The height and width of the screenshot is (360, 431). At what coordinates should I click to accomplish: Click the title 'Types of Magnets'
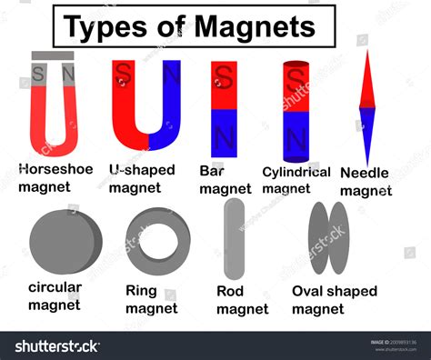(x=194, y=26)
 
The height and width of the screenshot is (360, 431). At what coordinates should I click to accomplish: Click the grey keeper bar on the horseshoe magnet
(x=54, y=55)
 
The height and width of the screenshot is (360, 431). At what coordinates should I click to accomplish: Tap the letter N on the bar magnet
(x=224, y=137)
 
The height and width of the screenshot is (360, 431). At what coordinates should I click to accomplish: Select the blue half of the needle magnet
(x=366, y=132)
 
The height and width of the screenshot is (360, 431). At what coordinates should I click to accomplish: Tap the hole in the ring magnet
(x=158, y=239)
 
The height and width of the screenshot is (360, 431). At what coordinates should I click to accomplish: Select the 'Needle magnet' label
(x=366, y=181)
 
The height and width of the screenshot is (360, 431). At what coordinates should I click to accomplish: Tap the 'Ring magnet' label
(x=151, y=300)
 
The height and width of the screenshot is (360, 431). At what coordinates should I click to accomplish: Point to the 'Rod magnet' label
(x=242, y=300)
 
